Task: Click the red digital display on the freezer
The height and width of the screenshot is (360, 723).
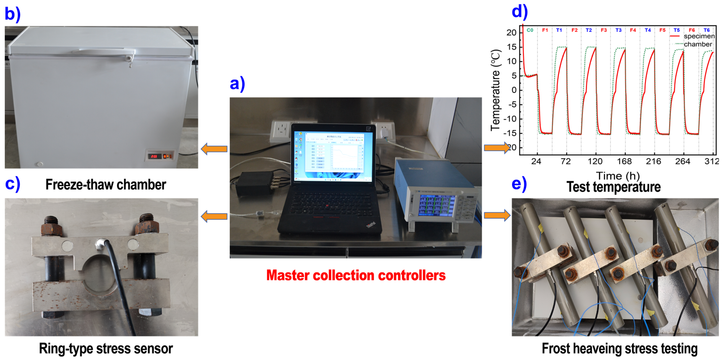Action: [x=154, y=156]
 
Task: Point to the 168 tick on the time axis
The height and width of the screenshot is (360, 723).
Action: [x=624, y=161]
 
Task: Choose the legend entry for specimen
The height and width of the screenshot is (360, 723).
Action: [x=693, y=36]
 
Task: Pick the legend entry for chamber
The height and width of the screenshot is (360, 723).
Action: [x=693, y=44]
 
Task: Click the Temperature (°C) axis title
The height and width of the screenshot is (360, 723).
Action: [x=496, y=90]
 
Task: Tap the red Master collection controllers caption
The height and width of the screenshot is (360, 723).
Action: [x=356, y=275]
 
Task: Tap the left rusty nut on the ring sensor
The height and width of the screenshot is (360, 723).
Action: [x=52, y=226]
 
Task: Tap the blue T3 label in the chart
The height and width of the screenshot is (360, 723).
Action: [x=618, y=30]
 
